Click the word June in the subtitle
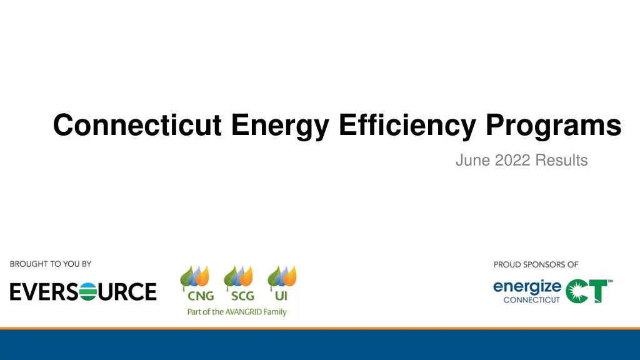coord(472,161)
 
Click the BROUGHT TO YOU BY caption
coord(51,264)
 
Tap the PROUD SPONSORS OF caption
coord(536,264)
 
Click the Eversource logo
coord(83,291)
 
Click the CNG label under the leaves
coord(201,296)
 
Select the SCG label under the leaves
coord(242,296)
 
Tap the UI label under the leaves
coord(281,296)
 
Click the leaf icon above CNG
coord(194,277)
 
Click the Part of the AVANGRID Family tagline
coord(237,311)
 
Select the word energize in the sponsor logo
coord(527,287)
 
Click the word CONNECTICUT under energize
coord(532,300)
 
